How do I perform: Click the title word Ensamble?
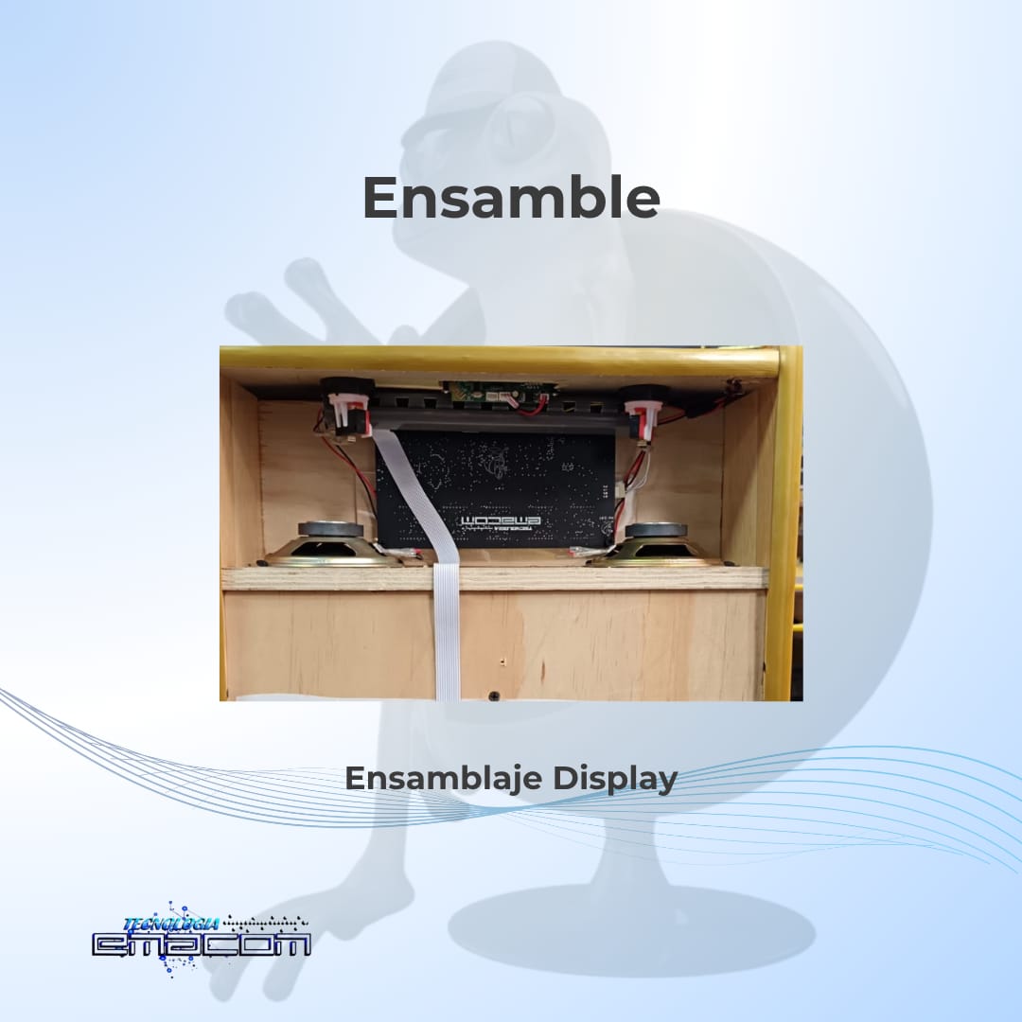coord(511,197)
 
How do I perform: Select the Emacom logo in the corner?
coord(201,940)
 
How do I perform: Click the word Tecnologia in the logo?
coord(170,924)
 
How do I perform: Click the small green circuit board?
coord(501,393)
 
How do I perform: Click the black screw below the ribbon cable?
coord(493,696)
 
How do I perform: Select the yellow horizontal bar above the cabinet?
coord(500,361)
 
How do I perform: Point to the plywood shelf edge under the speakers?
coord(494,578)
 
